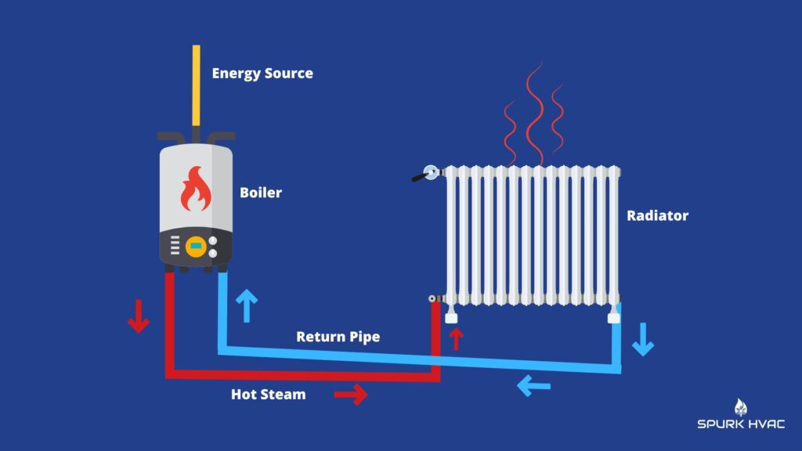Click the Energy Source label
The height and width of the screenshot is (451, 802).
pyautogui.click(x=262, y=74)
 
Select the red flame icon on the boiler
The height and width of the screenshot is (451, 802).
pyautogui.click(x=196, y=191)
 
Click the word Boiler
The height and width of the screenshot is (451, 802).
pyautogui.click(x=261, y=192)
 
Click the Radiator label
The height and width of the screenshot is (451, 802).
pyautogui.click(x=657, y=215)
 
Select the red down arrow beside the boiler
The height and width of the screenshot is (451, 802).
pyautogui.click(x=139, y=316)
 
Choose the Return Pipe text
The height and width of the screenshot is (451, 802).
pyautogui.click(x=338, y=337)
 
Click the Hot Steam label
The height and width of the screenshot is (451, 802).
pyautogui.click(x=268, y=395)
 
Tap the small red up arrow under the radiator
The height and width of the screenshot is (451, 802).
pyautogui.click(x=457, y=339)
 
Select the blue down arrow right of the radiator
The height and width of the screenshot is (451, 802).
pyautogui.click(x=643, y=340)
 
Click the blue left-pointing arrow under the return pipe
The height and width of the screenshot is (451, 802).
pyautogui.click(x=533, y=384)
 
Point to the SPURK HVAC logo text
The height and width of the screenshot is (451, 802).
pyautogui.click(x=740, y=424)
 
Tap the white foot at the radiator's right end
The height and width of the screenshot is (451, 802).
pyautogui.click(x=613, y=317)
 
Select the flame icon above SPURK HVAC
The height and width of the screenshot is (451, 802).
pyautogui.click(x=741, y=406)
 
